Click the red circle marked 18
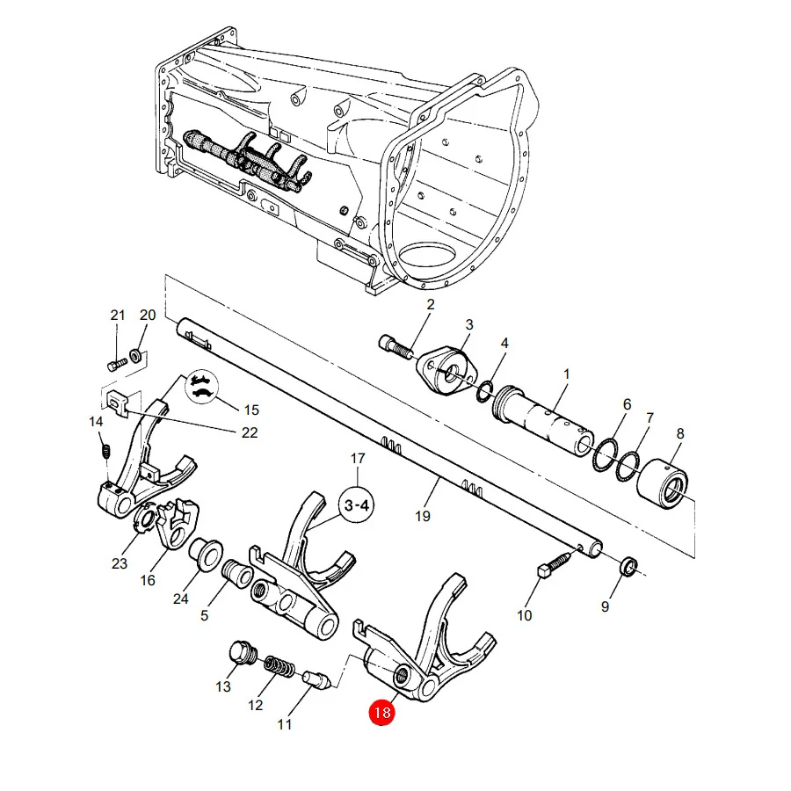tap(381, 712)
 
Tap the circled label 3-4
tap(357, 505)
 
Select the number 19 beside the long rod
tap(423, 516)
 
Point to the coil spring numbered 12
tap(280, 666)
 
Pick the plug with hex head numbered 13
tap(243, 653)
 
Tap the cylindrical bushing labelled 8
tap(662, 483)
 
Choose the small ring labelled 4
tap(485, 392)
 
